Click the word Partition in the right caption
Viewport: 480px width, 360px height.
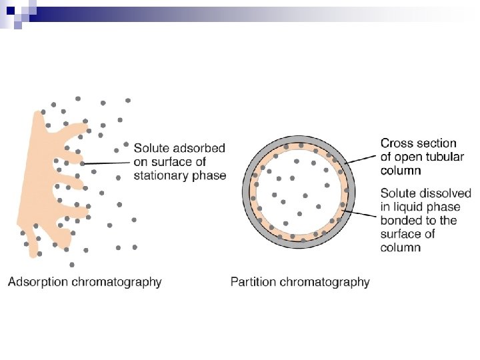[253, 282]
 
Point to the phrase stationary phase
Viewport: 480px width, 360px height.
[180, 175]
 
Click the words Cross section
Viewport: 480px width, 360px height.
[418, 143]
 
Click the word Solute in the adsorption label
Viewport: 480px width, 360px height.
[150, 148]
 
